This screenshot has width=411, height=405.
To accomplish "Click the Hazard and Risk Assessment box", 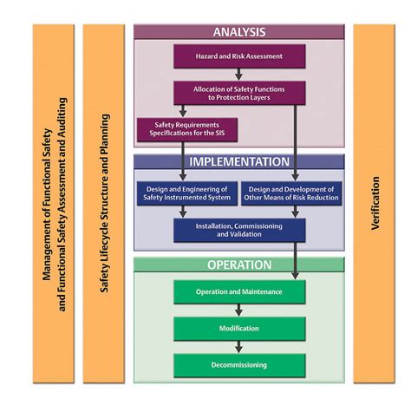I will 238,56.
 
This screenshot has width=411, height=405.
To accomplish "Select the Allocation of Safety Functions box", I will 238,92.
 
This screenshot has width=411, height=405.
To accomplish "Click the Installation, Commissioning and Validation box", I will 239,229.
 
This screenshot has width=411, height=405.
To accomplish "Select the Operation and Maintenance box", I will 239,291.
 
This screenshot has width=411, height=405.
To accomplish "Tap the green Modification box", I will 239,329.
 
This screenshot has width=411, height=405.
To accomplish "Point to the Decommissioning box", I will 239,365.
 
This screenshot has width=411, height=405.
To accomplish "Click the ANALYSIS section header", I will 239,32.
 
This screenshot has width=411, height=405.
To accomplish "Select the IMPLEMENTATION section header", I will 239,161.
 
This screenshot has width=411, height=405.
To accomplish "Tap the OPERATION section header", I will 239,265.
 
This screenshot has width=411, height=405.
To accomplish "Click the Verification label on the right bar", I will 375,204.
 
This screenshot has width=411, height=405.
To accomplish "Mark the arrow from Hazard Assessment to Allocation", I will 238,74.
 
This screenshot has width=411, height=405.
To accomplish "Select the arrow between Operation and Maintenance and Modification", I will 239,310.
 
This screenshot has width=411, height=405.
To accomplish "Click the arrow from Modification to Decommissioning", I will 239,347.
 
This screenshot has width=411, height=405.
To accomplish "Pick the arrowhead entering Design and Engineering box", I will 183,177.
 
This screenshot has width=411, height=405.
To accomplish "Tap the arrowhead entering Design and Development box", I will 296,177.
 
